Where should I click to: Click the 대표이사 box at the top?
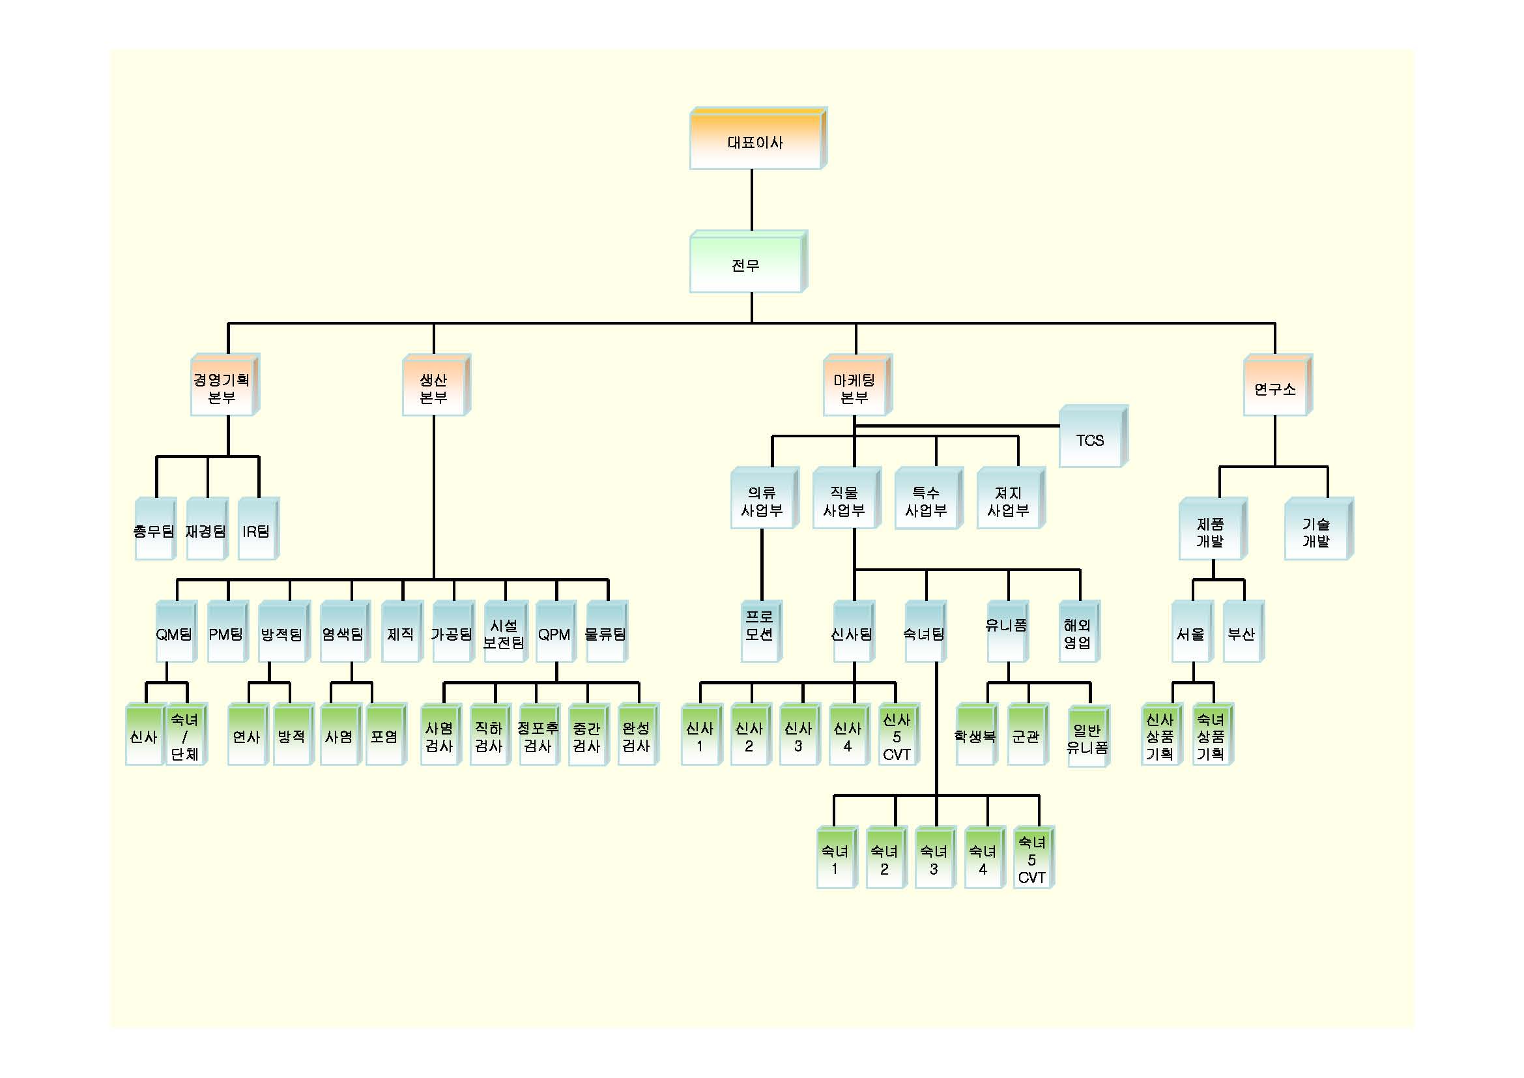[x=756, y=141]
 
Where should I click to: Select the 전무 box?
[x=746, y=265]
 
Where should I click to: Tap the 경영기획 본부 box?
[x=222, y=388]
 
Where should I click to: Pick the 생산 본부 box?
[x=434, y=388]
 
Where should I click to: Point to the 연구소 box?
[x=1275, y=388]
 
